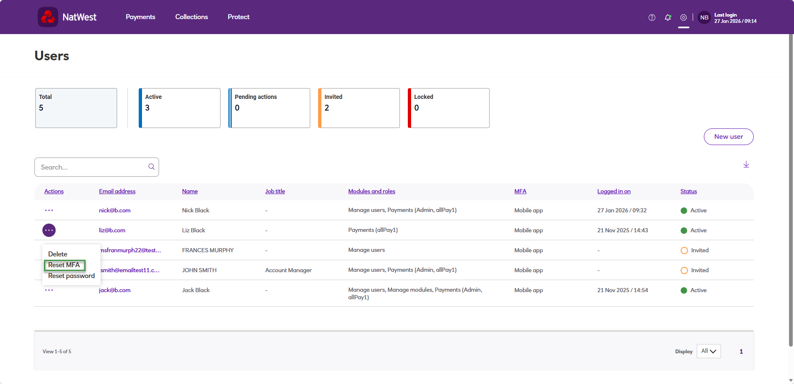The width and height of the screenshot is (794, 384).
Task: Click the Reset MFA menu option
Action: pyautogui.click(x=64, y=265)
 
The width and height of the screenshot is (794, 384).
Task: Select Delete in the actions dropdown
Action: pyautogui.click(x=58, y=254)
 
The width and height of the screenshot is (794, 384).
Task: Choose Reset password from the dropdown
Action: pyautogui.click(x=71, y=276)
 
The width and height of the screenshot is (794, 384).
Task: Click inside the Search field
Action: pyautogui.click(x=92, y=167)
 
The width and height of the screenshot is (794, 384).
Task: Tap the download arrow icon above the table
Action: pyautogui.click(x=746, y=165)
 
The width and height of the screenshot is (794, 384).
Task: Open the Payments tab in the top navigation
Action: pyautogui.click(x=140, y=17)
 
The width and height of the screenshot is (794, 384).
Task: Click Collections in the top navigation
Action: pyautogui.click(x=191, y=17)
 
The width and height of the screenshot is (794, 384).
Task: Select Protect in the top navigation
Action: pyautogui.click(x=238, y=17)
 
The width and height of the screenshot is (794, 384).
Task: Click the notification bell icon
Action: pyautogui.click(x=668, y=17)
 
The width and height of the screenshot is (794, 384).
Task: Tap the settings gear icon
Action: pyautogui.click(x=684, y=17)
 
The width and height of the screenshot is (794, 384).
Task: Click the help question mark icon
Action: pyautogui.click(x=652, y=17)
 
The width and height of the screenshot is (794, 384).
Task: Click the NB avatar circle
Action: pyautogui.click(x=704, y=17)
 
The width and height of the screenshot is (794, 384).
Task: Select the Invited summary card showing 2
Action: pyautogui.click(x=359, y=108)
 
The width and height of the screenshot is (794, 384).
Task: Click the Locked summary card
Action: pyautogui.click(x=448, y=108)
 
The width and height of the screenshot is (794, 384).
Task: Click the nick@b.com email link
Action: pyautogui.click(x=115, y=210)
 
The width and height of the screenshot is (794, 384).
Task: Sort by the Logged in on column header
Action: pyautogui.click(x=614, y=191)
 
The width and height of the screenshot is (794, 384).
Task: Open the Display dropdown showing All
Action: pyautogui.click(x=708, y=351)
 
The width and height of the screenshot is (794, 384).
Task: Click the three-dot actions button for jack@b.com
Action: pyautogui.click(x=49, y=290)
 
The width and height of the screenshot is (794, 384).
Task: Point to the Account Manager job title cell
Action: pyautogui.click(x=288, y=270)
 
